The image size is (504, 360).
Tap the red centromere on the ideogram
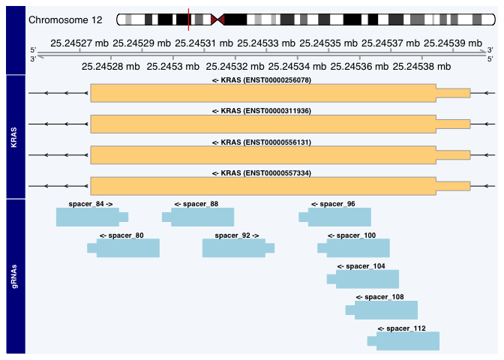218,19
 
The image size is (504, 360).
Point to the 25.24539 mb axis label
451,44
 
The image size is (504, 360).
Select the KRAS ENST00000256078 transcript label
261,79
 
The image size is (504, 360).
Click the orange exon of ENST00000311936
262,124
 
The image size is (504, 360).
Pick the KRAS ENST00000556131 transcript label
261,142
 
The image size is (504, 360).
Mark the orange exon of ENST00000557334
262,186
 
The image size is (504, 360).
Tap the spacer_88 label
196,204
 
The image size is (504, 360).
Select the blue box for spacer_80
127,248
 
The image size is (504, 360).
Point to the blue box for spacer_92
234,248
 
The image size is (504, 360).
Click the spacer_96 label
333,204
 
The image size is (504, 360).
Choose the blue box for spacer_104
367,280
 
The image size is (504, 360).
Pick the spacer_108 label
379,297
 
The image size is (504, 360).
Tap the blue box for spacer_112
407,341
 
